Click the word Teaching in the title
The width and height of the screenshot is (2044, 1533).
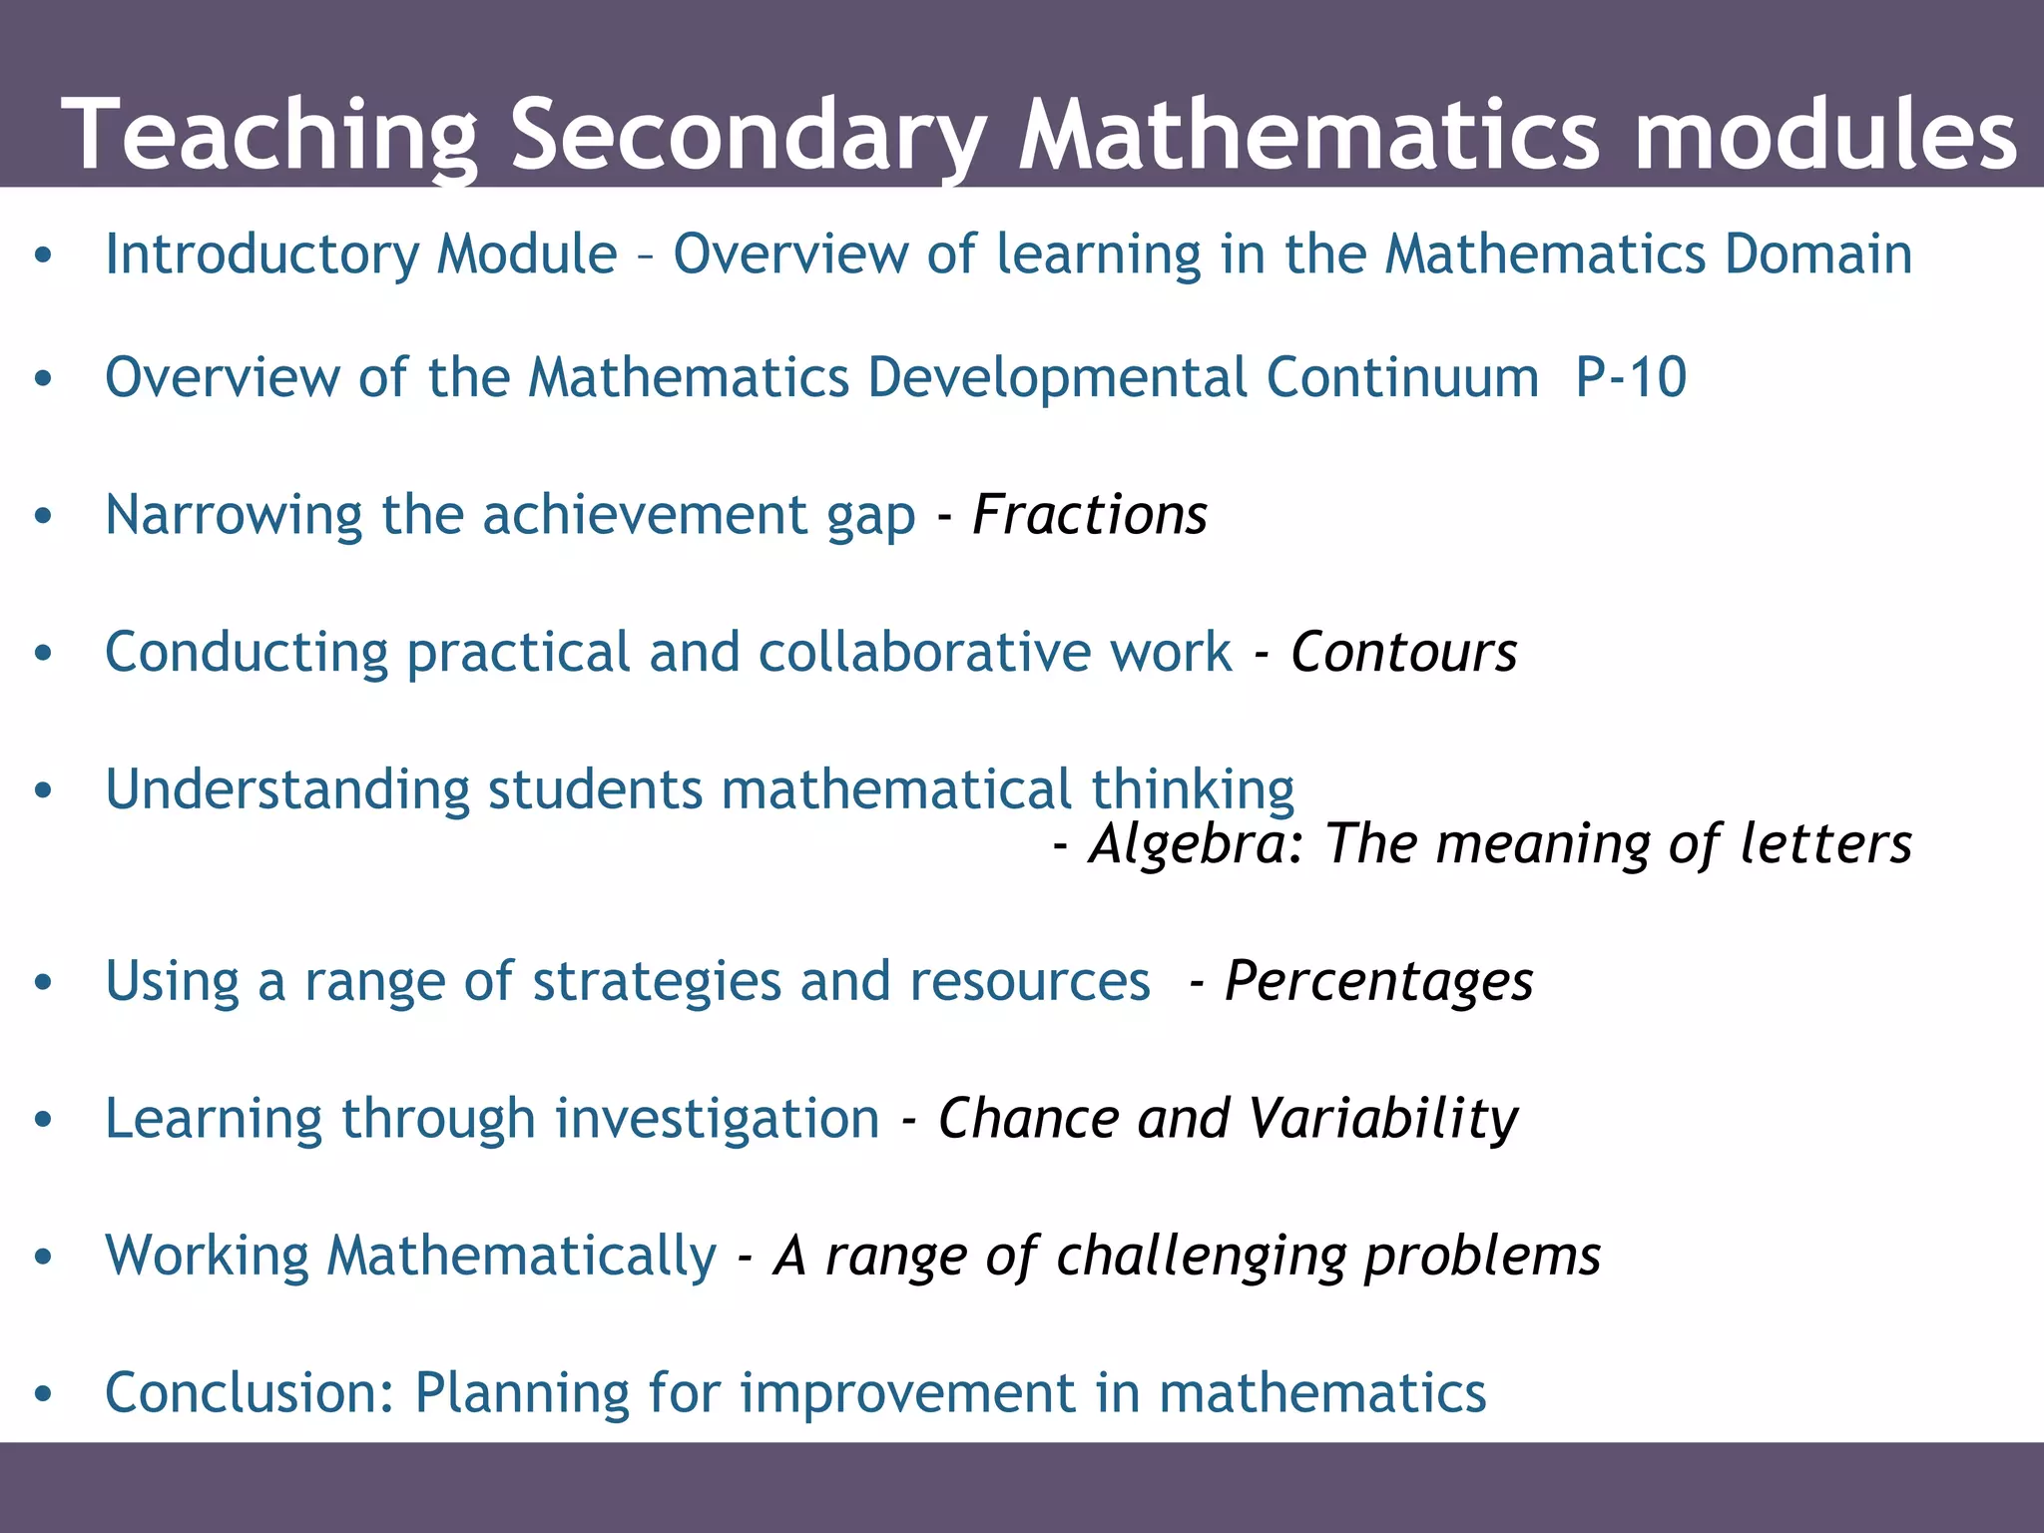[269, 135]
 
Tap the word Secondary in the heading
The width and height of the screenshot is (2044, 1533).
[749, 135]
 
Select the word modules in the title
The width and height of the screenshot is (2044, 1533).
[1825, 135]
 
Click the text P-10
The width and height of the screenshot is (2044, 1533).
[1631, 377]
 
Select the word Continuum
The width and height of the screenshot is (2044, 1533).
[1402, 377]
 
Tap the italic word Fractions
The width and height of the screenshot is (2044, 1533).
[1089, 515]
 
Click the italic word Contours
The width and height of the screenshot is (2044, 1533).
[1403, 653]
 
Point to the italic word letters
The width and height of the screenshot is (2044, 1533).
[1825, 844]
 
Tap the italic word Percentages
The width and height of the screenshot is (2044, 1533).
[1378, 982]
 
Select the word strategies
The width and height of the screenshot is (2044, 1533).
[657, 982]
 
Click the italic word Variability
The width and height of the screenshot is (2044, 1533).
[1383, 1118]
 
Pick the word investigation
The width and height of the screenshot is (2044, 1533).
[717, 1118]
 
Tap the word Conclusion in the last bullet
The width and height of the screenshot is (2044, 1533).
[250, 1392]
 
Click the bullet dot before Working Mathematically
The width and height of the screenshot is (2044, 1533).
[42, 1257]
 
